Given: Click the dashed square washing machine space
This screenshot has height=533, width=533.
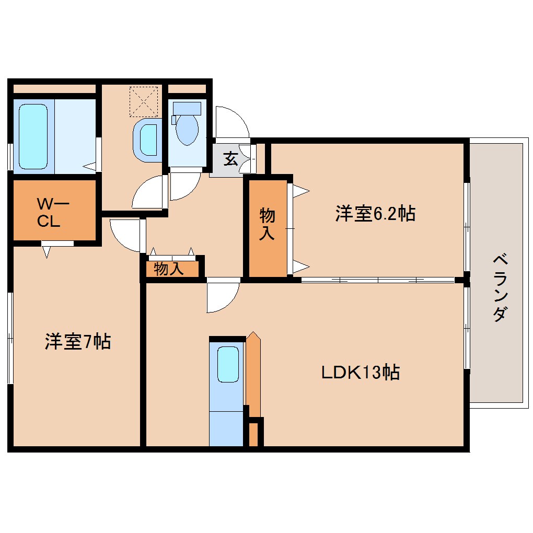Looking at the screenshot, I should pos(143,101).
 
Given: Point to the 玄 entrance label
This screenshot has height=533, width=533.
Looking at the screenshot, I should pos(230,158).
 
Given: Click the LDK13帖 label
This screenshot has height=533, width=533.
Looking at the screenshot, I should pos(360,372).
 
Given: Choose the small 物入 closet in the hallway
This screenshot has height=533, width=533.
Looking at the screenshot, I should pos(169,269).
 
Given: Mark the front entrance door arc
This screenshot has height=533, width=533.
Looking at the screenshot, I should pos(231,121).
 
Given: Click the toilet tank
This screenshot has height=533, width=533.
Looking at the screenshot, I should pos(187,108).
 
